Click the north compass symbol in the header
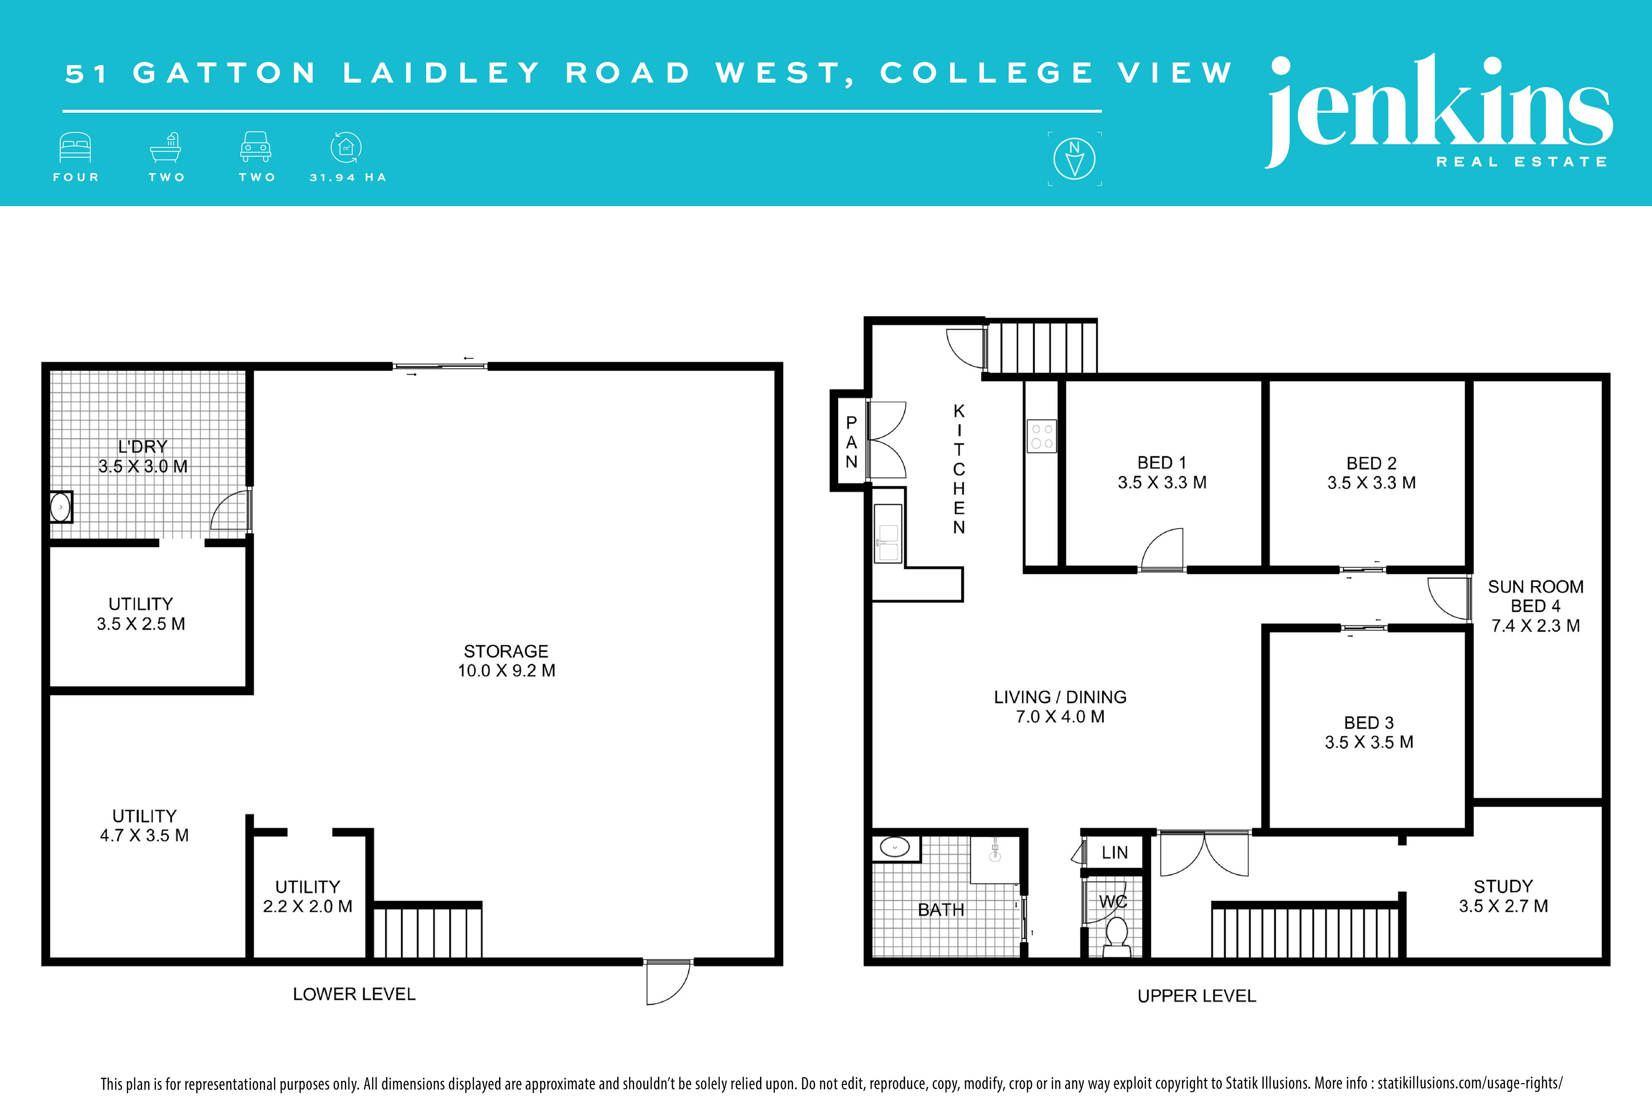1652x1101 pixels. [1074, 159]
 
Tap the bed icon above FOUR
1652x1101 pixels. [75, 147]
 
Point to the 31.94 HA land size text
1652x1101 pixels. [348, 178]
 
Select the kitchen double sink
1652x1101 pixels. [888, 534]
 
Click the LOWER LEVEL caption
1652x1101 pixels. [354, 994]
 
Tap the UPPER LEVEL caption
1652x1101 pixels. [1197, 996]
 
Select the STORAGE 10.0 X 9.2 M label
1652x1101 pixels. [506, 661]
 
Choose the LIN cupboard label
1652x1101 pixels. [1115, 852]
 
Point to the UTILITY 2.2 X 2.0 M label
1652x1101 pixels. [308, 897]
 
